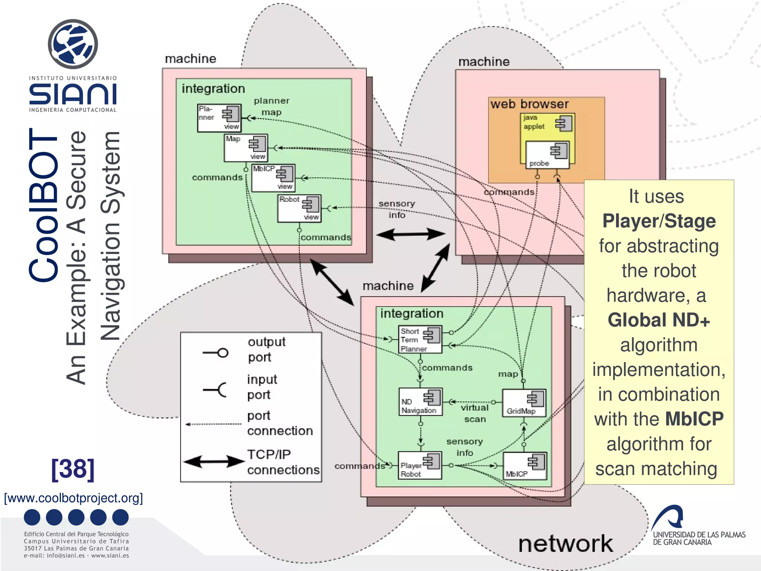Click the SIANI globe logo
(73, 44)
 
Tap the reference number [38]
(73, 469)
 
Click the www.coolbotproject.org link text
(73, 498)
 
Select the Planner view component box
(219, 118)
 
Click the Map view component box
(246, 148)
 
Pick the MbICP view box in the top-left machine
(273, 178)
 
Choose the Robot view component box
(299, 208)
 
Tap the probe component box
(547, 155)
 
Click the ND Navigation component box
(420, 401)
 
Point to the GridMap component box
(524, 403)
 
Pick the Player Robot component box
(420, 465)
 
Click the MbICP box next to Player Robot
(525, 465)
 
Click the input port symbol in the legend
(216, 390)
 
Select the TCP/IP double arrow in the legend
(214, 462)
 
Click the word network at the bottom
(565, 544)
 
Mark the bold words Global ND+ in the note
(658, 320)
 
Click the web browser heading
(529, 104)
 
